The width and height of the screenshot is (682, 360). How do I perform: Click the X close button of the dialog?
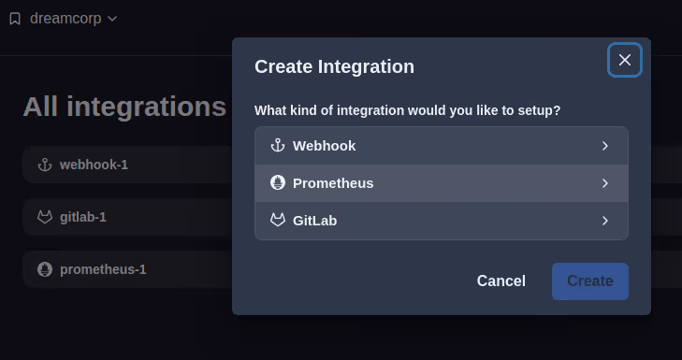pos(625,60)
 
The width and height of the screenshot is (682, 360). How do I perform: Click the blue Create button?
pos(589,281)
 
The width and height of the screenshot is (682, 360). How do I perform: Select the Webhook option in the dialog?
pos(441,146)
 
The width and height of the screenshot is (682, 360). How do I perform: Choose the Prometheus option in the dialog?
pos(441,183)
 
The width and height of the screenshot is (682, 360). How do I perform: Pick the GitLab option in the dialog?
pos(441,221)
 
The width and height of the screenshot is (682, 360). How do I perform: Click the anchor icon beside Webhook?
pos(277,146)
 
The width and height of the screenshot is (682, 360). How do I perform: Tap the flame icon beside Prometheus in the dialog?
pos(277,183)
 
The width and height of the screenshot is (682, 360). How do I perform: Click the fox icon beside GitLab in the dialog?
pos(277,221)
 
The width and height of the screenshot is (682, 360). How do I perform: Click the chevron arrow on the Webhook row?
pos(605,146)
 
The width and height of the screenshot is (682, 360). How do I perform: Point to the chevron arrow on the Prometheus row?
pos(605,183)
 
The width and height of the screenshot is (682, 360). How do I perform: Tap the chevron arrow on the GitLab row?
pos(605,221)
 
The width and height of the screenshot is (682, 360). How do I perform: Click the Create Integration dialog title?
pos(334,66)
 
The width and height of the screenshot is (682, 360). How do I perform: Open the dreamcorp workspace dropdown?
pos(73,18)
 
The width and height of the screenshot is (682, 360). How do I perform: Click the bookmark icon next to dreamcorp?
pos(15,18)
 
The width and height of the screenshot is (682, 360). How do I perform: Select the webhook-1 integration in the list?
pos(94,165)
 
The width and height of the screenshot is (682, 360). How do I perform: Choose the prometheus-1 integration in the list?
pos(103,269)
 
